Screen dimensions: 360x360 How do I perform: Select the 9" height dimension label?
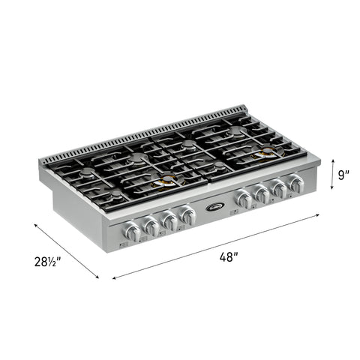point(344,175)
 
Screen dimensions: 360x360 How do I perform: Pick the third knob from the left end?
point(171,223)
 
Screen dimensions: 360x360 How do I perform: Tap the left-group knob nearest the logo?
point(188,217)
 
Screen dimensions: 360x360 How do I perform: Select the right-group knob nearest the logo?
point(244,199)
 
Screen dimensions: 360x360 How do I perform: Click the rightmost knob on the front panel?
point(296,184)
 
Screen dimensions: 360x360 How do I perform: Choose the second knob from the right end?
point(279,189)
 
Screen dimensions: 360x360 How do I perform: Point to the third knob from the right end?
point(262,194)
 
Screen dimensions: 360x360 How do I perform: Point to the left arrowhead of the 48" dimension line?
point(114,277)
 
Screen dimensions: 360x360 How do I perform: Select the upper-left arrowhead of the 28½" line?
point(34,222)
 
